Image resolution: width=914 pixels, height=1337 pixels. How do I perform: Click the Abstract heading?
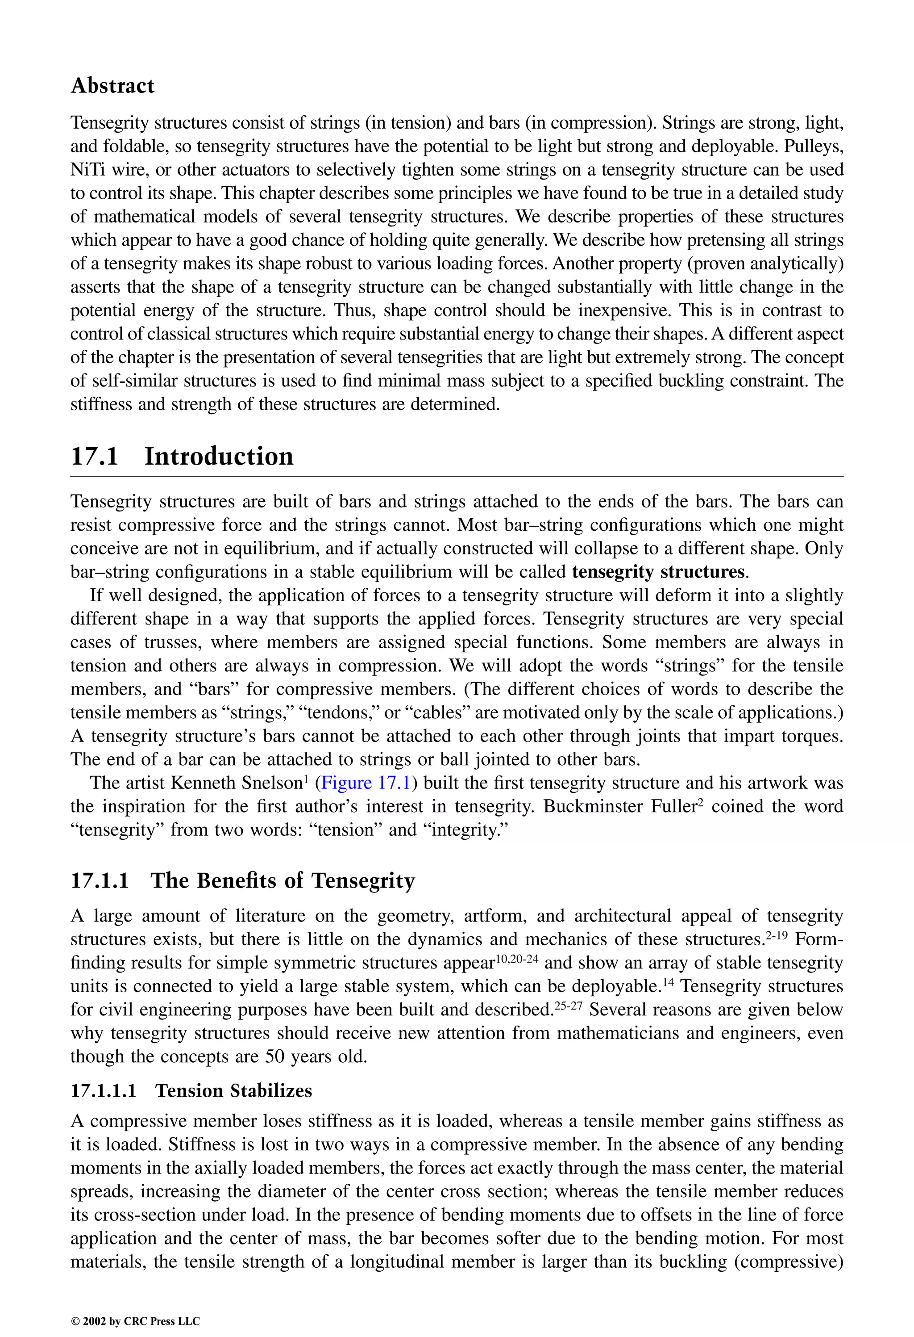pyautogui.click(x=112, y=86)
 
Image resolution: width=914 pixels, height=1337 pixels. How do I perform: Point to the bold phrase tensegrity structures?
pyautogui.click(x=659, y=572)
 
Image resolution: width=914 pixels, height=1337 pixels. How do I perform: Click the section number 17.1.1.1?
pyautogui.click(x=104, y=1091)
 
